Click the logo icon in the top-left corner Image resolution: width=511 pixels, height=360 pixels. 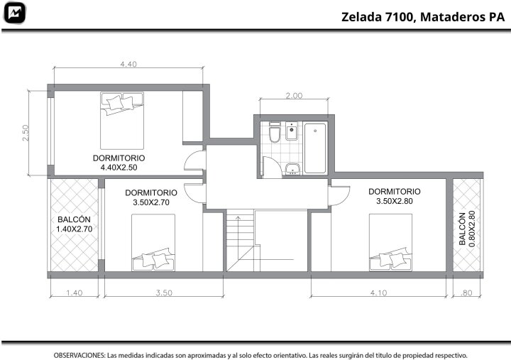click(14, 13)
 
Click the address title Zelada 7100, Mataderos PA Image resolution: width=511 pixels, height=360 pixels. click(423, 17)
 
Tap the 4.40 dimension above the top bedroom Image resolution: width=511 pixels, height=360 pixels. click(128, 64)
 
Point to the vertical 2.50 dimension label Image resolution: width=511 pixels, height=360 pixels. click(26, 133)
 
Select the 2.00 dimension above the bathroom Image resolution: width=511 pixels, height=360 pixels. click(294, 96)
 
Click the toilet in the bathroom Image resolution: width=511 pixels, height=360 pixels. click(275, 132)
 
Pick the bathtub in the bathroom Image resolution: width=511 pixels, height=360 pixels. click(315, 148)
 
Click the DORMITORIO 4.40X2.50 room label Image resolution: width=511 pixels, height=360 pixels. click(119, 163)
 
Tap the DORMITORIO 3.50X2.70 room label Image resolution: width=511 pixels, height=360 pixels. click(151, 197)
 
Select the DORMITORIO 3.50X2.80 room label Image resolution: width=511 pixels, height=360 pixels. click(395, 196)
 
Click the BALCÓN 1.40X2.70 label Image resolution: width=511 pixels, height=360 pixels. click(74, 224)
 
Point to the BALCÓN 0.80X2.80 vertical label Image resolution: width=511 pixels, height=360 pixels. click(467, 229)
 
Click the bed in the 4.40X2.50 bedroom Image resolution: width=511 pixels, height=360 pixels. click(122, 121)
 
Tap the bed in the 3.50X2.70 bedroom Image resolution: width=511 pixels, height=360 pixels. click(153, 243)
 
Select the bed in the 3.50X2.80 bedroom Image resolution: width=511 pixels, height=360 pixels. click(391, 243)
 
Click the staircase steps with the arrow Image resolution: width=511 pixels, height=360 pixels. click(240, 241)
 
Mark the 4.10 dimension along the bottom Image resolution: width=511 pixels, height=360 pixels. click(378, 293)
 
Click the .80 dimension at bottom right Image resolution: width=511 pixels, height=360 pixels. click(466, 293)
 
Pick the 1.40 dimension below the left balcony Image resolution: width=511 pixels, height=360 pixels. click(75, 293)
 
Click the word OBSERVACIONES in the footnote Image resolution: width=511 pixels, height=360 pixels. click(79, 355)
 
